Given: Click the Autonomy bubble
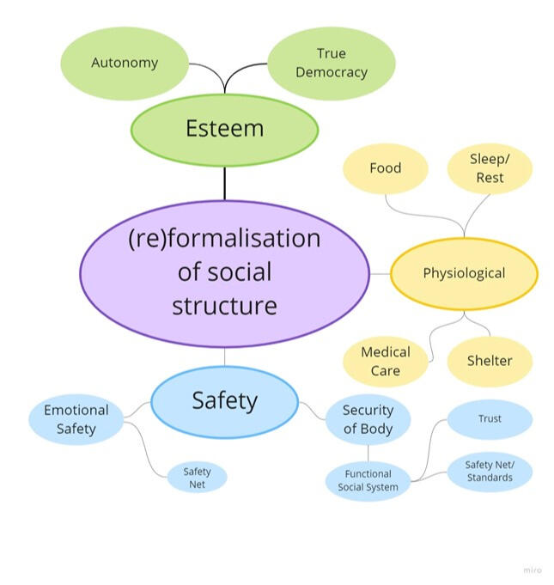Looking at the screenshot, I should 125,63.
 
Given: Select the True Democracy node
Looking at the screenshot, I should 331,63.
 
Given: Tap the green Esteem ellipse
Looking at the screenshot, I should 224,130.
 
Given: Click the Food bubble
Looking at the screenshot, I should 385,168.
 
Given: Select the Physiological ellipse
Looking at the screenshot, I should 464,274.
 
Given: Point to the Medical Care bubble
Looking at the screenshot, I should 385,361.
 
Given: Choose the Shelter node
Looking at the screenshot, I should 489,361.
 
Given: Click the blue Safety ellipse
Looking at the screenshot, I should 224,401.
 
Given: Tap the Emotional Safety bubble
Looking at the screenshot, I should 76,420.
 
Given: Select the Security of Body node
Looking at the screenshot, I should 368,420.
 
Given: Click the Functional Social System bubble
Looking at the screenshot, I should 368,480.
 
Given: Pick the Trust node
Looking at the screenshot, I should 490,419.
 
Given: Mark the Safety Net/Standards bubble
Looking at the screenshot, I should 490,472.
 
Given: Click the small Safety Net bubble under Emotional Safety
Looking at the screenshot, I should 197,478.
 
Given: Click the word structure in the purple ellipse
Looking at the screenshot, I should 224,306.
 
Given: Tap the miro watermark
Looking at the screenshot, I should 533,570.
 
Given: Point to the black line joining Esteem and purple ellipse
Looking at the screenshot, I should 224,183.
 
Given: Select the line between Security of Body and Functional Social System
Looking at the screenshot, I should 368,453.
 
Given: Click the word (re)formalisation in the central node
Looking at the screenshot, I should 224,238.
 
